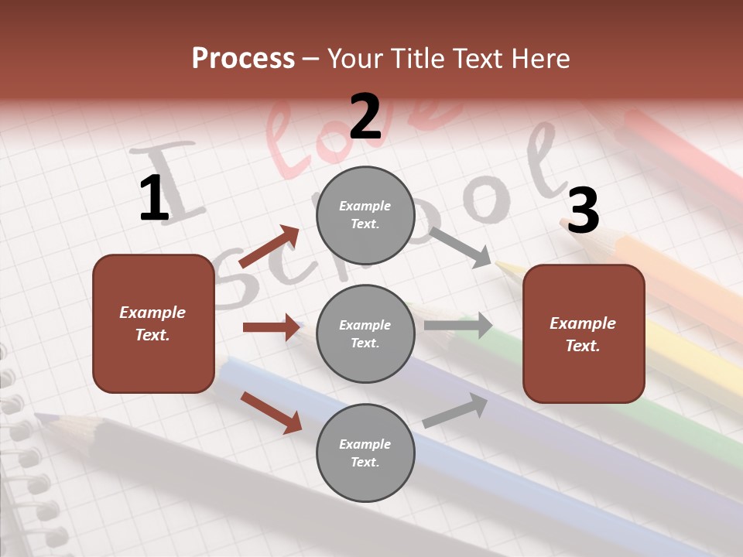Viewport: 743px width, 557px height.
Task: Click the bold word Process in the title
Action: (243, 59)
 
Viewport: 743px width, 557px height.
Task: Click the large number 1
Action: (154, 198)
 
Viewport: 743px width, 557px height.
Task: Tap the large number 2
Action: (365, 116)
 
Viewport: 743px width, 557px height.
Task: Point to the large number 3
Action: (583, 210)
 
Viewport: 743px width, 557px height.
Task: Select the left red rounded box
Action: (153, 323)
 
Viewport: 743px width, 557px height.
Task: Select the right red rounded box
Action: (584, 334)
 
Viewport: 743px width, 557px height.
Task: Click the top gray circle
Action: (365, 215)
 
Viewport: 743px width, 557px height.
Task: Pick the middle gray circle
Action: (365, 334)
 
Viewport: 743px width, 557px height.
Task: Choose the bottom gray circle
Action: (365, 453)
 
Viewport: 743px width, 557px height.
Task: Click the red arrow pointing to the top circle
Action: (269, 247)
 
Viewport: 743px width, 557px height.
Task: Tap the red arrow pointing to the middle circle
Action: (271, 327)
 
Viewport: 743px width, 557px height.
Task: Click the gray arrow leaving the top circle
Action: (460, 247)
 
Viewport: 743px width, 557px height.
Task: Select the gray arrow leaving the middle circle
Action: (458, 326)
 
